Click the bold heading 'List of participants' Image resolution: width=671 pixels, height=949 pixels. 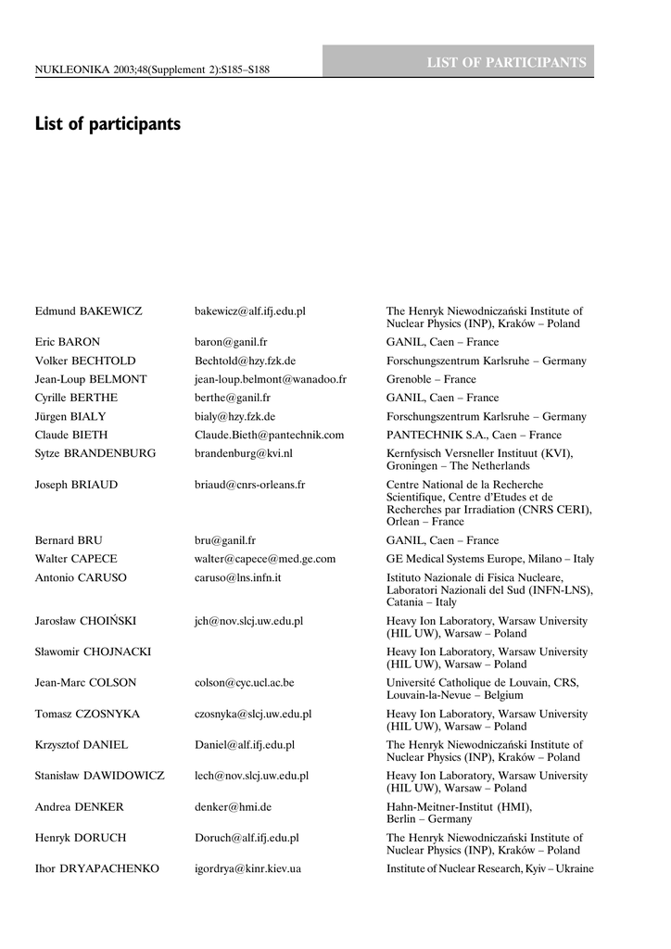coord(108,123)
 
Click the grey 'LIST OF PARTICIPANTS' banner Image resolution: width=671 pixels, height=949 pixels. coord(506,63)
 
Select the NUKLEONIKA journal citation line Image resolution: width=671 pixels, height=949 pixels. coord(152,69)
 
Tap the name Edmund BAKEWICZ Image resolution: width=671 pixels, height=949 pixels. coord(88,310)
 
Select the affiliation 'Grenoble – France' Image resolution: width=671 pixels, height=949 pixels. coord(431,379)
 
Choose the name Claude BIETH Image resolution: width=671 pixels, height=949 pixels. coord(77,435)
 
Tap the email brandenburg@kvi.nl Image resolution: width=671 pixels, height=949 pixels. coord(243,453)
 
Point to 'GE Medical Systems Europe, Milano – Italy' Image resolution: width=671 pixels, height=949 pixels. coord(490,559)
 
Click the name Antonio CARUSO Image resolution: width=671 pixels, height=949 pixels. coord(81,577)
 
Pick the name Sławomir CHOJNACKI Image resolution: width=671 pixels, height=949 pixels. coord(93,652)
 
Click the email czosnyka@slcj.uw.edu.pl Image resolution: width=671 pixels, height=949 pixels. coord(252,715)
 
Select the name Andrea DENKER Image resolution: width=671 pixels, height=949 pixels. coord(79,807)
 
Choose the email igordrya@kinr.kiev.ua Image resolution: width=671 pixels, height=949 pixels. coord(247,868)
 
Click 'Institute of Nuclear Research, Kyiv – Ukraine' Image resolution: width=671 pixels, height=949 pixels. coord(489,868)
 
